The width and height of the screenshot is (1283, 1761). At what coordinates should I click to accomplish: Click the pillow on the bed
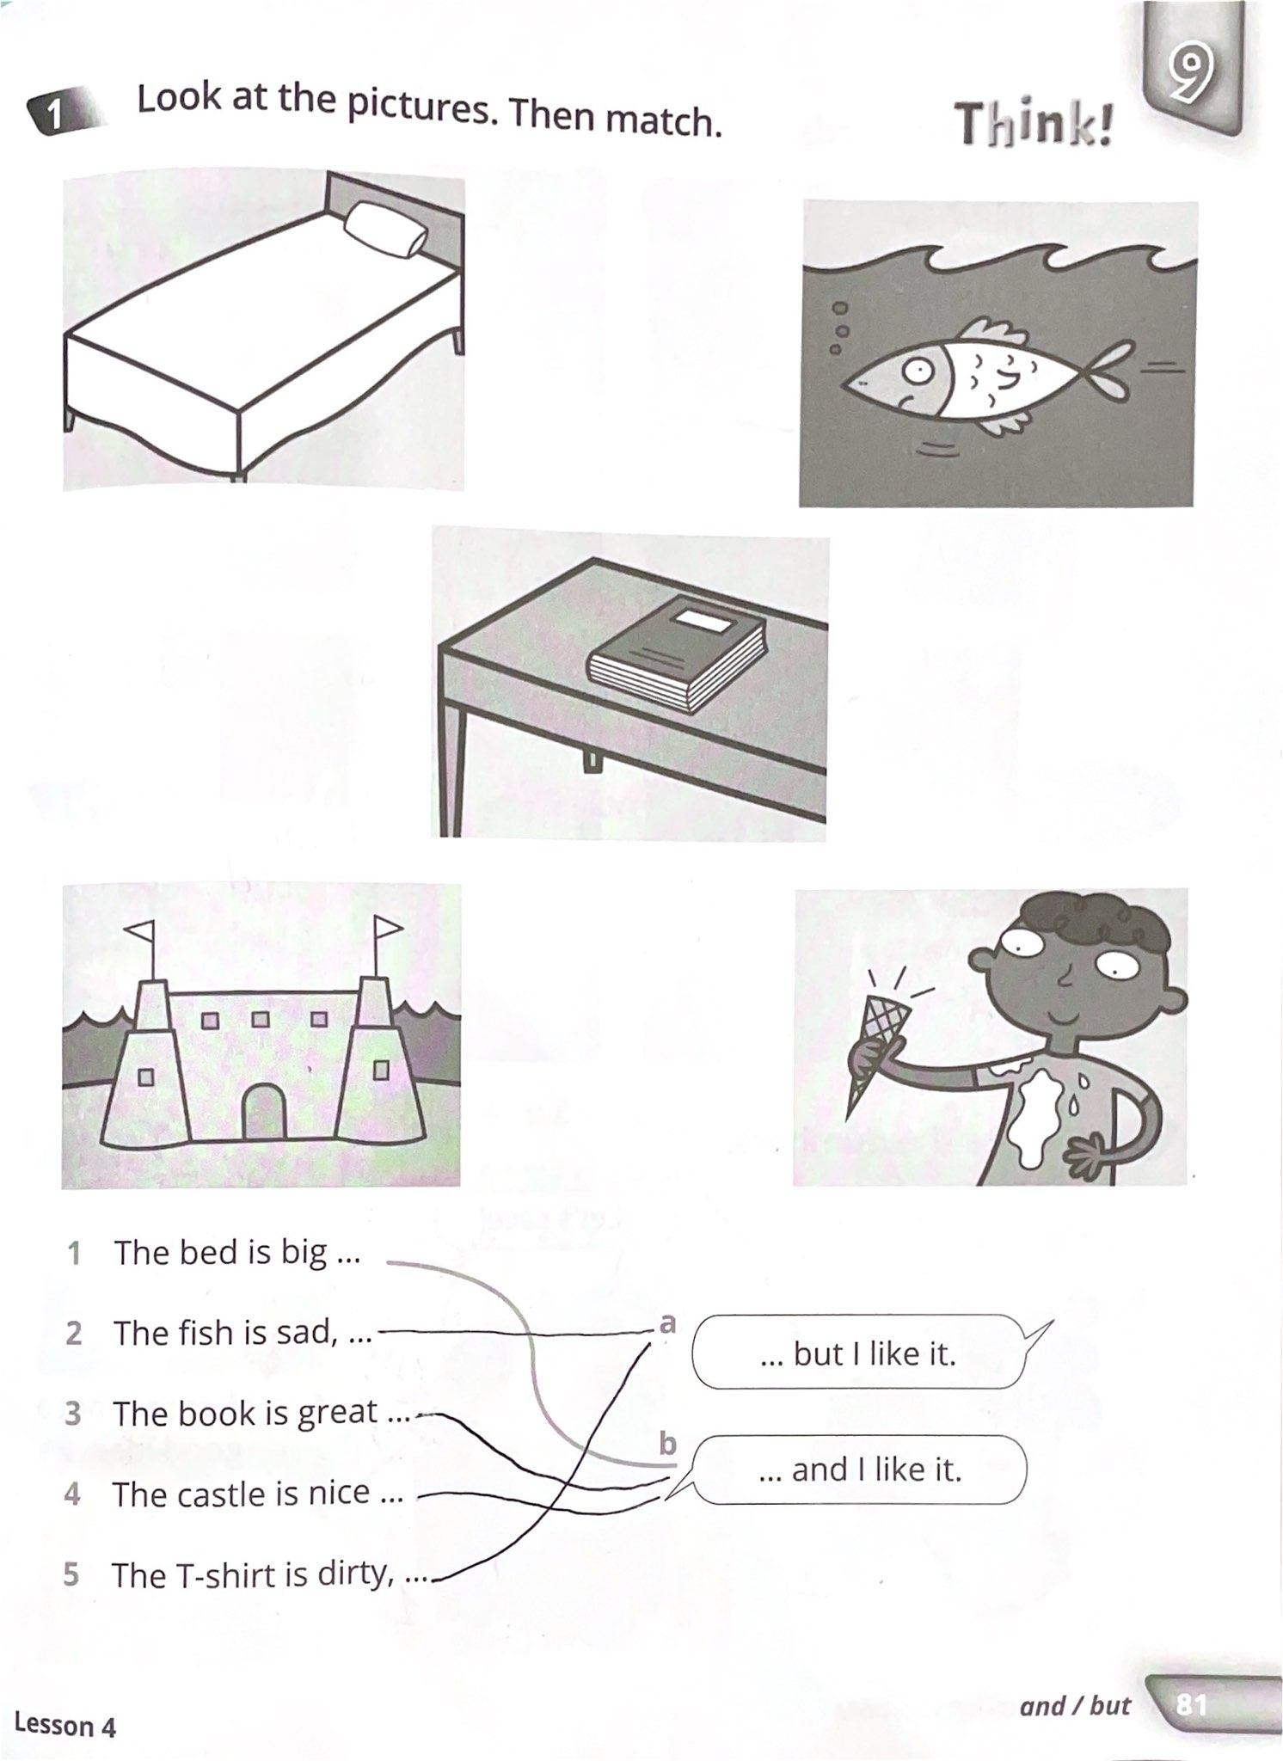point(384,230)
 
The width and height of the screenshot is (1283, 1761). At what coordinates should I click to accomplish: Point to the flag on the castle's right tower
point(388,926)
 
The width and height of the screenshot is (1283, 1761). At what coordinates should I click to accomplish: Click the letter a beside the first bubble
point(667,1322)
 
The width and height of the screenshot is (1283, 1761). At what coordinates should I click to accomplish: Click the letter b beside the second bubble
point(668,1443)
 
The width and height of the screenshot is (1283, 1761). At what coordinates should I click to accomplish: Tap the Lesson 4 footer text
point(65,1725)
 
